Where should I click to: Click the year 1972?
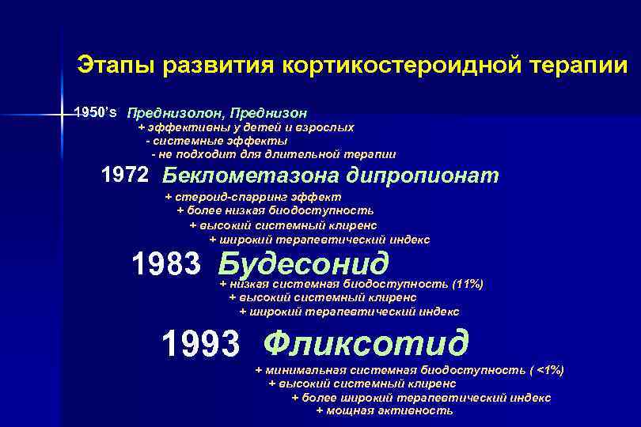127,174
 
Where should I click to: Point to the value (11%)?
466,283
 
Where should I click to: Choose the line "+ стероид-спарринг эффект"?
252,196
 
